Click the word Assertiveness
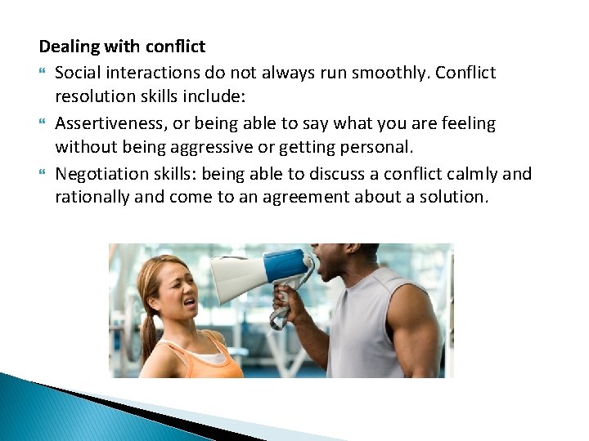tap(109, 123)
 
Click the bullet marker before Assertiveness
tap(43, 124)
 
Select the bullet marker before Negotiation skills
tap(43, 175)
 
